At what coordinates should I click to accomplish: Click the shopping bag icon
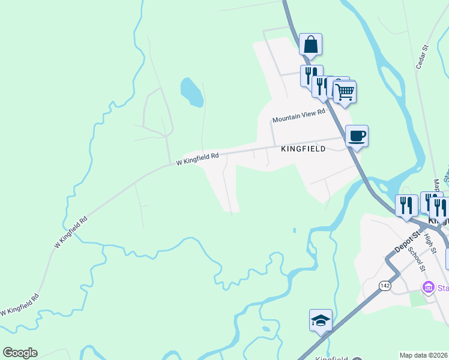[x=310, y=44]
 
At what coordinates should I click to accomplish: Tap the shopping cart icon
[x=345, y=92]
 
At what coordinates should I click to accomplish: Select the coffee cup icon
[x=357, y=136]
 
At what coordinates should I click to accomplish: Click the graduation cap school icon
[x=321, y=320]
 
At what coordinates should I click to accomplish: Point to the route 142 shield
[x=385, y=286]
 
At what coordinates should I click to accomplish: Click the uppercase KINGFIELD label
[x=303, y=149]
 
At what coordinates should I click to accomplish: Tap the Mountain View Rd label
[x=298, y=116]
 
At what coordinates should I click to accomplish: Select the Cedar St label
[x=421, y=56]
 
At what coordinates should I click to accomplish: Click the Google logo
[x=20, y=353]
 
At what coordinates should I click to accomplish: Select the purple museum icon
[x=428, y=287]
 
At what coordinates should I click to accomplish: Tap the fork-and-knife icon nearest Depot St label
[x=406, y=205]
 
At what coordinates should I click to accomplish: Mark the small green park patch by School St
[x=418, y=298]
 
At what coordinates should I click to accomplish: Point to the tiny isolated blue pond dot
[x=294, y=230]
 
